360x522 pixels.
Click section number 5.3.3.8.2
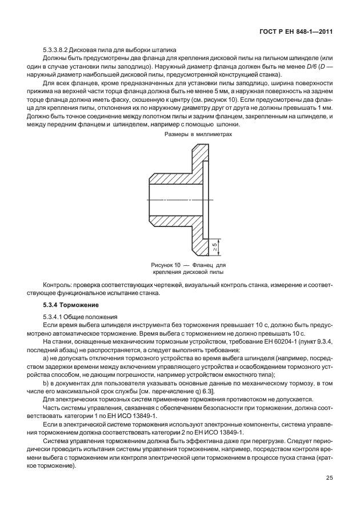(59, 49)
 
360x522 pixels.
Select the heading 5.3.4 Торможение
(66, 305)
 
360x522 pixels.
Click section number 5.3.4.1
(53, 316)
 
